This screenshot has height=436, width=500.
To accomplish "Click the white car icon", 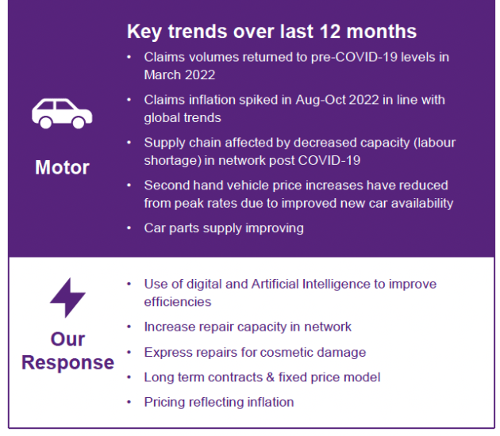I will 61,113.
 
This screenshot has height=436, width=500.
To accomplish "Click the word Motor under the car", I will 62,168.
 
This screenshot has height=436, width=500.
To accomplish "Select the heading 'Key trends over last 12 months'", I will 271,32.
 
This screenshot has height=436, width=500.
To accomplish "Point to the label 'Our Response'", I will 67,351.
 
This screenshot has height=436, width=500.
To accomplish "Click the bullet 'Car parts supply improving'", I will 224,228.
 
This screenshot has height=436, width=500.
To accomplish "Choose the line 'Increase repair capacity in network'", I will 248,327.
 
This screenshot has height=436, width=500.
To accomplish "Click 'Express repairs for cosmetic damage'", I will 255,352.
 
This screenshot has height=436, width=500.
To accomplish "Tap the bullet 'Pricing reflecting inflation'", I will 219,402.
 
